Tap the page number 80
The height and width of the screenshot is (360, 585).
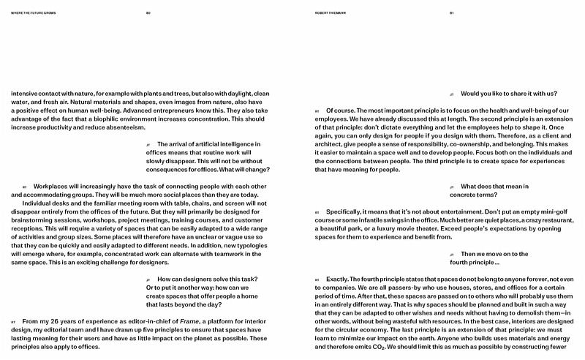pos(148,12)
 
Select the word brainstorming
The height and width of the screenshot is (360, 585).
pos(34,220)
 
